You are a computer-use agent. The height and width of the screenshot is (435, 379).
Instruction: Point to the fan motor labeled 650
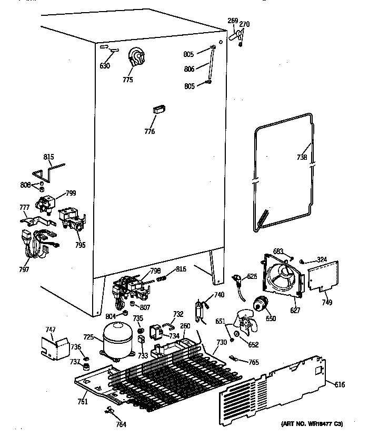[x=258, y=304]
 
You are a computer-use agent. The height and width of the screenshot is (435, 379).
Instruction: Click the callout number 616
[x=340, y=385]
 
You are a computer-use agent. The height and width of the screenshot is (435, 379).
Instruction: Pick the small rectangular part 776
[x=158, y=109]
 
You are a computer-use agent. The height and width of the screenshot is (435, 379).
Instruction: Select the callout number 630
[x=105, y=66]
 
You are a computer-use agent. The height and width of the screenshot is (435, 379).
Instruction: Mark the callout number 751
[x=83, y=401]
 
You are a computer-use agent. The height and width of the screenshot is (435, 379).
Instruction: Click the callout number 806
[x=189, y=69]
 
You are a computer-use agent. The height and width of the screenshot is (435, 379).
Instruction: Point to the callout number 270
[x=244, y=24]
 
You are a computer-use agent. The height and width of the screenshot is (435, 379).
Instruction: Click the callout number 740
[x=218, y=295]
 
